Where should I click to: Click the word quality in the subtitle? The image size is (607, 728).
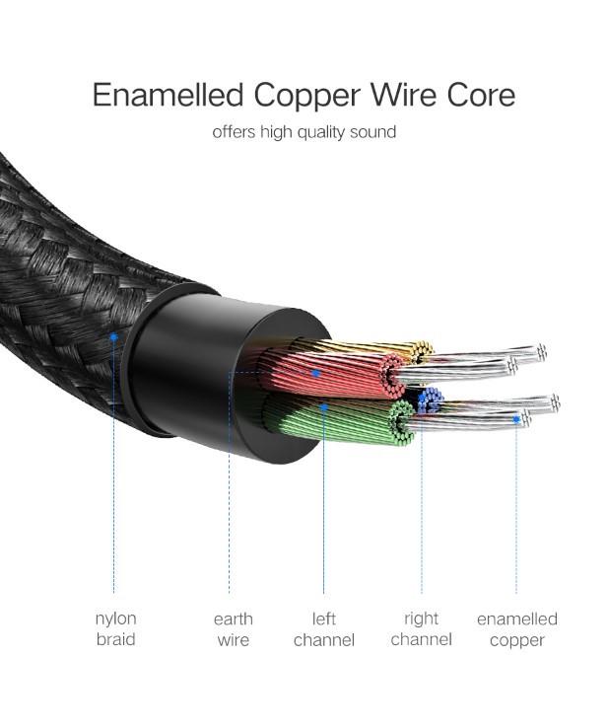(x=315, y=131)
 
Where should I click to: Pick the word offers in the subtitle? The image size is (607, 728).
(x=234, y=131)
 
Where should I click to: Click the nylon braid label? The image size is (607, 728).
(x=115, y=629)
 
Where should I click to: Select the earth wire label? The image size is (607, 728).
(x=233, y=629)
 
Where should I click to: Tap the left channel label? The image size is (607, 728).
(x=323, y=629)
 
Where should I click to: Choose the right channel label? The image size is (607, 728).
(x=421, y=629)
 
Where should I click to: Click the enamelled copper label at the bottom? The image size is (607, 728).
(x=516, y=629)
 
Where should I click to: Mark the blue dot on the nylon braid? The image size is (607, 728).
(x=114, y=336)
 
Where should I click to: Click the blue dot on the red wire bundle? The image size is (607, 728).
(x=315, y=373)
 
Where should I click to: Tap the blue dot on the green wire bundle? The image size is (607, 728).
(x=323, y=403)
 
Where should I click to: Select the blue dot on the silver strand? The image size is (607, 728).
(x=515, y=417)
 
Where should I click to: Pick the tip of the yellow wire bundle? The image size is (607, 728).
(x=424, y=349)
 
